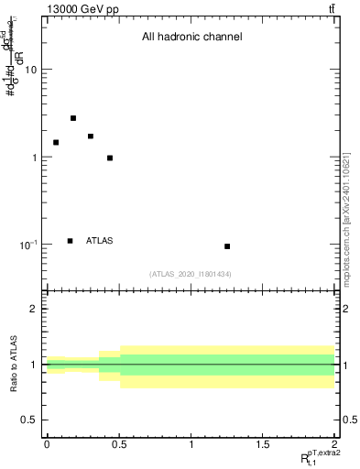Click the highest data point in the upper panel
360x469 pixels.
click(73, 118)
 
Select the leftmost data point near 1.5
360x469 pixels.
click(56, 142)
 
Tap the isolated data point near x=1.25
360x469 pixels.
click(227, 246)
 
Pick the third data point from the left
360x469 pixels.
click(91, 136)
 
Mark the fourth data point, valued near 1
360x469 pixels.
click(110, 158)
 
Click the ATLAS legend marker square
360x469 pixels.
click(71, 241)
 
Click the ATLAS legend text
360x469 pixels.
click(100, 241)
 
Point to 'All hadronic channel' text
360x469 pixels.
click(191, 38)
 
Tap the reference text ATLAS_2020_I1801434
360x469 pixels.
click(191, 274)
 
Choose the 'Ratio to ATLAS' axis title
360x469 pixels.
click(13, 365)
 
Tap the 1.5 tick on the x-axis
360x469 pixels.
click(263, 444)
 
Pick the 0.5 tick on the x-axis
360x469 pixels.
click(119, 444)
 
